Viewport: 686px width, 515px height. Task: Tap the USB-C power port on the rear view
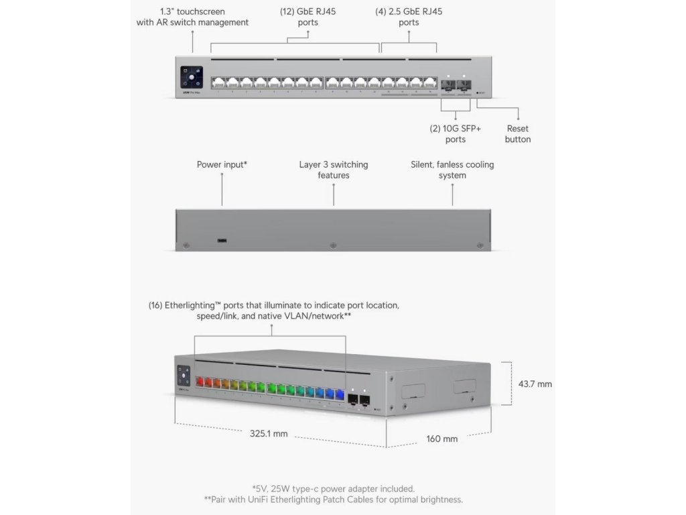click(x=221, y=240)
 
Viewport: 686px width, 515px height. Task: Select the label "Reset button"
click(x=518, y=133)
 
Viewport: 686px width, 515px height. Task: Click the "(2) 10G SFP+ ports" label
click(x=455, y=133)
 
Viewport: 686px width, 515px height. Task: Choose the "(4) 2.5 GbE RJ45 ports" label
click(x=409, y=17)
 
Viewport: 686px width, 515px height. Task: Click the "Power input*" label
click(x=222, y=164)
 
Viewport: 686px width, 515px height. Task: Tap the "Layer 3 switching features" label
click(x=334, y=170)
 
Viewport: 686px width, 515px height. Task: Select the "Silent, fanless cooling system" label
click(x=452, y=170)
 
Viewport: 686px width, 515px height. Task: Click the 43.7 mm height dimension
click(x=535, y=384)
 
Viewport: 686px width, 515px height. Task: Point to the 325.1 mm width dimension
click(x=269, y=434)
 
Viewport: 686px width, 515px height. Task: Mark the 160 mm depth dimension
click(x=442, y=439)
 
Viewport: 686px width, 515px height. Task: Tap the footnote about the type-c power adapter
click(x=333, y=488)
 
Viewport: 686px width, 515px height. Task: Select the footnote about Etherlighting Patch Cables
click(x=333, y=500)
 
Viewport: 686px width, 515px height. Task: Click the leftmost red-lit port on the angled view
click(x=199, y=384)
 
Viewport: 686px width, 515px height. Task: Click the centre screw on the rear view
click(x=333, y=246)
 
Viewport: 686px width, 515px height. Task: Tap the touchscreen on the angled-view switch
click(x=184, y=375)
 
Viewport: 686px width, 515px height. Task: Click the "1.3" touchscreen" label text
click(x=192, y=11)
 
